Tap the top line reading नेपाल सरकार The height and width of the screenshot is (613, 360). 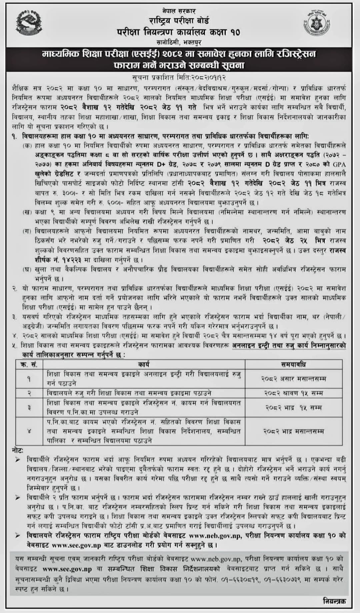click(x=180, y=11)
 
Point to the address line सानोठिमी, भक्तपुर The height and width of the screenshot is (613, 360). click(x=179, y=42)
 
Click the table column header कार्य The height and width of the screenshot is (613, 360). click(x=144, y=364)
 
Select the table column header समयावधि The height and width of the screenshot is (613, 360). click(x=293, y=364)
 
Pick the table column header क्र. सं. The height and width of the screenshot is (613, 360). click(x=29, y=364)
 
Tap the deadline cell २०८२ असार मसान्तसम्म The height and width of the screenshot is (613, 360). click(x=293, y=379)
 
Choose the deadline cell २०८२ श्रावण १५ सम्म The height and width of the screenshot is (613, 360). click(x=293, y=393)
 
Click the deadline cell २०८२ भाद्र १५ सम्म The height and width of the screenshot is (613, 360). click(x=293, y=407)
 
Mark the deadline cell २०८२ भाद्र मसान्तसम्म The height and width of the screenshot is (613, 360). click(x=293, y=431)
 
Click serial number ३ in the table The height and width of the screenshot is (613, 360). click(x=29, y=407)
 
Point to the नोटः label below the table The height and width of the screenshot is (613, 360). click(x=18, y=450)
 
